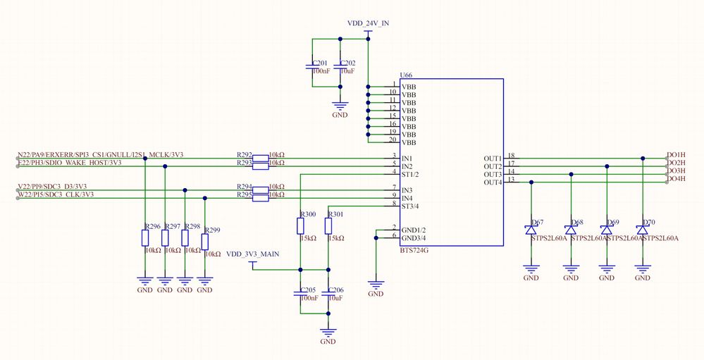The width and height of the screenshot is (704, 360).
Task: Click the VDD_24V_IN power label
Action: click(x=368, y=23)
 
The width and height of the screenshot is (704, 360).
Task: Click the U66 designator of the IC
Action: click(x=405, y=75)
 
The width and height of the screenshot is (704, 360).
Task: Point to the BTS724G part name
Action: click(x=414, y=250)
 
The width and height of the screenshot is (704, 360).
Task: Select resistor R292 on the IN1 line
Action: click(x=261, y=159)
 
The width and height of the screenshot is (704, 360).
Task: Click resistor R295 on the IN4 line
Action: click(x=261, y=198)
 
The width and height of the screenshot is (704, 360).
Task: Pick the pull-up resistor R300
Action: click(x=300, y=226)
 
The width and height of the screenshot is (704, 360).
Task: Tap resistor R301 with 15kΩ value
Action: click(x=328, y=226)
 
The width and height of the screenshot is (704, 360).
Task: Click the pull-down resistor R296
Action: click(x=144, y=240)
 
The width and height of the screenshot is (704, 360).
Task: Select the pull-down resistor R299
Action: click(x=205, y=242)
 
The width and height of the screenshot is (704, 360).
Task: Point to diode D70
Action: click(x=642, y=230)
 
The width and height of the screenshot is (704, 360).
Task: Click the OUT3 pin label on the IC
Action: click(x=493, y=174)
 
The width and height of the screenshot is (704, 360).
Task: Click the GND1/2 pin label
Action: click(x=414, y=230)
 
